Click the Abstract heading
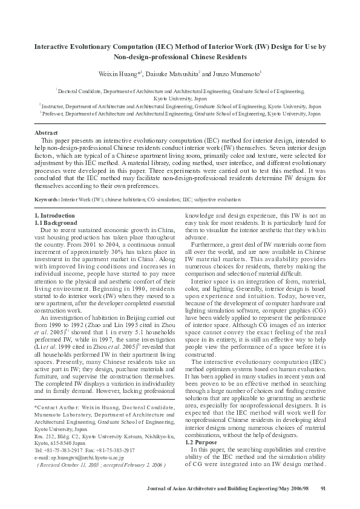point(46,132)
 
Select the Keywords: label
point(47,199)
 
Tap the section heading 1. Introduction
point(54,216)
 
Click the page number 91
point(322,488)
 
